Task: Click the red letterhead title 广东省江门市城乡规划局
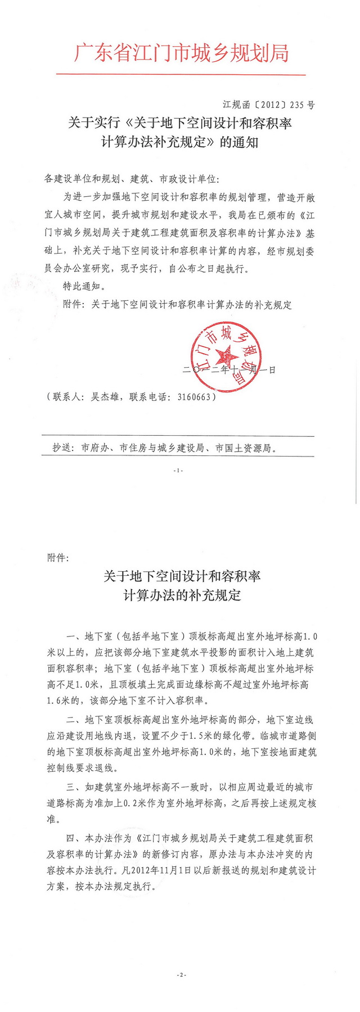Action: pos(181,53)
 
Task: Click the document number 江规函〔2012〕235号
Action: pos(269,105)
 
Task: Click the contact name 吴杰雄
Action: pos(105,396)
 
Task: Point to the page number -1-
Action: pos(178,470)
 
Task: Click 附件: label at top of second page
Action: pos(58,558)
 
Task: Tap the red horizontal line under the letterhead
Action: pos(181,74)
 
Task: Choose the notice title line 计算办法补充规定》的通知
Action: pos(179,142)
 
